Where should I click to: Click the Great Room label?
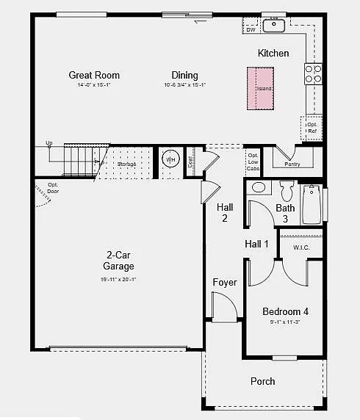pos(94,75)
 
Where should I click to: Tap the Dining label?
pos(184,75)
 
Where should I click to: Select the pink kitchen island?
pos(259,88)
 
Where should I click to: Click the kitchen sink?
pos(274,26)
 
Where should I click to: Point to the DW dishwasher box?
pos(251,29)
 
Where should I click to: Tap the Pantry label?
pos(292,164)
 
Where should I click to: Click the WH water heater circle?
pos(170,159)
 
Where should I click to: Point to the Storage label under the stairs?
pos(126,163)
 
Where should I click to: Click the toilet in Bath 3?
pos(287,191)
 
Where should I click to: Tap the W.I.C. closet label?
pos(301,247)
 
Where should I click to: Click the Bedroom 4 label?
pos(286,311)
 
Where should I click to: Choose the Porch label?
pos(263,381)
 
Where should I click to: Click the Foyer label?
pos(225,283)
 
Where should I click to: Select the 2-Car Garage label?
pos(118,261)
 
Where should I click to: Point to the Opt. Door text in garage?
pos(53,187)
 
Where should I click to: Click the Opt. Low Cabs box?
pos(253,162)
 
